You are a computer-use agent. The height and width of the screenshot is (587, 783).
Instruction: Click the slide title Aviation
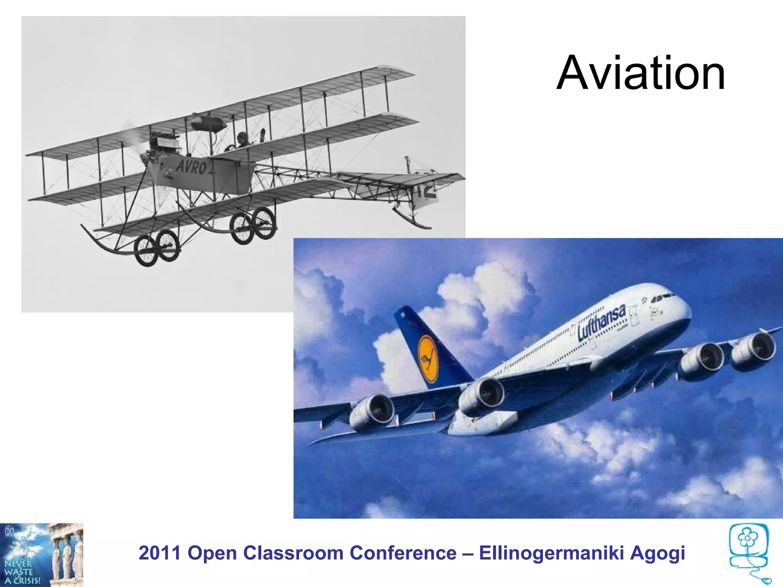(641, 73)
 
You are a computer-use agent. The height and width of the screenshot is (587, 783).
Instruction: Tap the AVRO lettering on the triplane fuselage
(191, 167)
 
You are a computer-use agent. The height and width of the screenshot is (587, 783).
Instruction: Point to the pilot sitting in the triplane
(242, 140)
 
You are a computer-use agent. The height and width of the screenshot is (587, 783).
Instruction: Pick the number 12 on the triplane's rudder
(427, 191)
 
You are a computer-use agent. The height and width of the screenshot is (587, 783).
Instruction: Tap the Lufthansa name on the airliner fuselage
(601, 323)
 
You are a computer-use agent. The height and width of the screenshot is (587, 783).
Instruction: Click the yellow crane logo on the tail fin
(427, 359)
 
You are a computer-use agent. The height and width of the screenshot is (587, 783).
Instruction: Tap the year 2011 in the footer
(159, 553)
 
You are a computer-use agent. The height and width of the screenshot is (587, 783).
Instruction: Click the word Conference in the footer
(403, 553)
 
